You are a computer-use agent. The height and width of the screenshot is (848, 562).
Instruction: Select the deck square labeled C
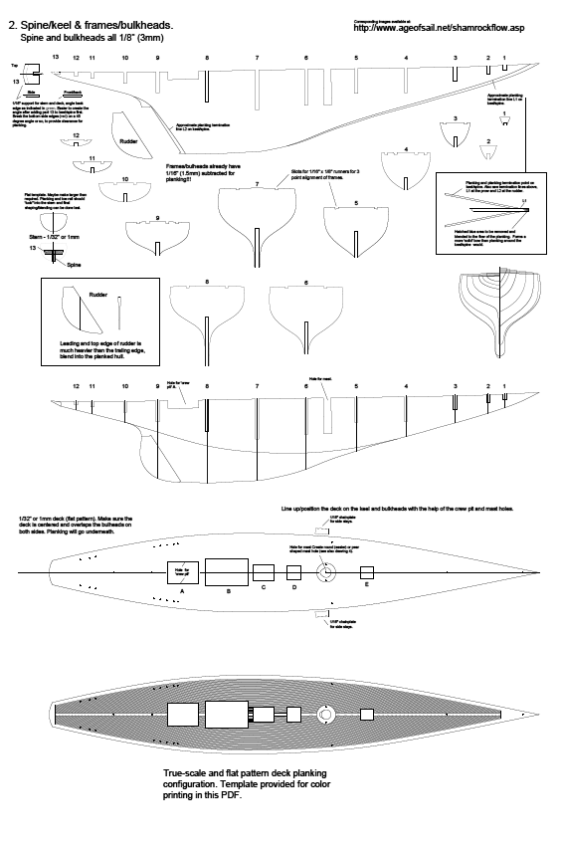tap(264, 572)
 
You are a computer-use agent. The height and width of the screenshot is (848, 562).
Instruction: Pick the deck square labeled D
tap(293, 571)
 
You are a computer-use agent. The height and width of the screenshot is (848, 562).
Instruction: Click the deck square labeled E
tap(367, 571)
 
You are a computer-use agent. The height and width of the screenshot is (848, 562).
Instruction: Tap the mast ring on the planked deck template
tap(324, 716)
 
